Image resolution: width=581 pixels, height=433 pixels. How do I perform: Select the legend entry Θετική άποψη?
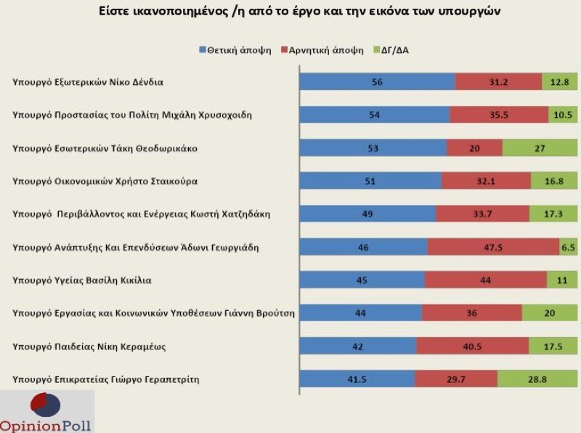point(235,50)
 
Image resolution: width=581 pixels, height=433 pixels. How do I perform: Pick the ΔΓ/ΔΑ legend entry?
point(395,50)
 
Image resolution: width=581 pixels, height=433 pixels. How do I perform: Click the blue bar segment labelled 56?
point(377,82)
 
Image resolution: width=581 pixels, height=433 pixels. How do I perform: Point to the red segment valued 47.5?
point(493,247)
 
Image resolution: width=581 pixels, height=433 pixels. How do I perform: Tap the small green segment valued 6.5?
point(568,247)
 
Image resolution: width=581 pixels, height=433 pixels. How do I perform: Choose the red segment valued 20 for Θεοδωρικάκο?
point(474,148)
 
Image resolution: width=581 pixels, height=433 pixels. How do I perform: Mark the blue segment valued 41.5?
point(357,379)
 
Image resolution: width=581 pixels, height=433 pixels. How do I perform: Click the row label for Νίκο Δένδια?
point(88,82)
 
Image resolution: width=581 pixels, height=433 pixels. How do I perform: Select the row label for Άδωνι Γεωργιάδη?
point(137,247)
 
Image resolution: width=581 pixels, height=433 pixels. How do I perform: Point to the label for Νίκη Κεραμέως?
point(90,346)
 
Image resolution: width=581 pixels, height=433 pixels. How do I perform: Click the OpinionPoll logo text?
point(46,425)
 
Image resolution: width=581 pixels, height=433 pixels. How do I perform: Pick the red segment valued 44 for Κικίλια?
point(485,280)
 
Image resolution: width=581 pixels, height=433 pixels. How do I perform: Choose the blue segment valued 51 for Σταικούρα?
point(370,181)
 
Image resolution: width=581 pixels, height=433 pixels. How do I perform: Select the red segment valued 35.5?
point(499,115)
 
